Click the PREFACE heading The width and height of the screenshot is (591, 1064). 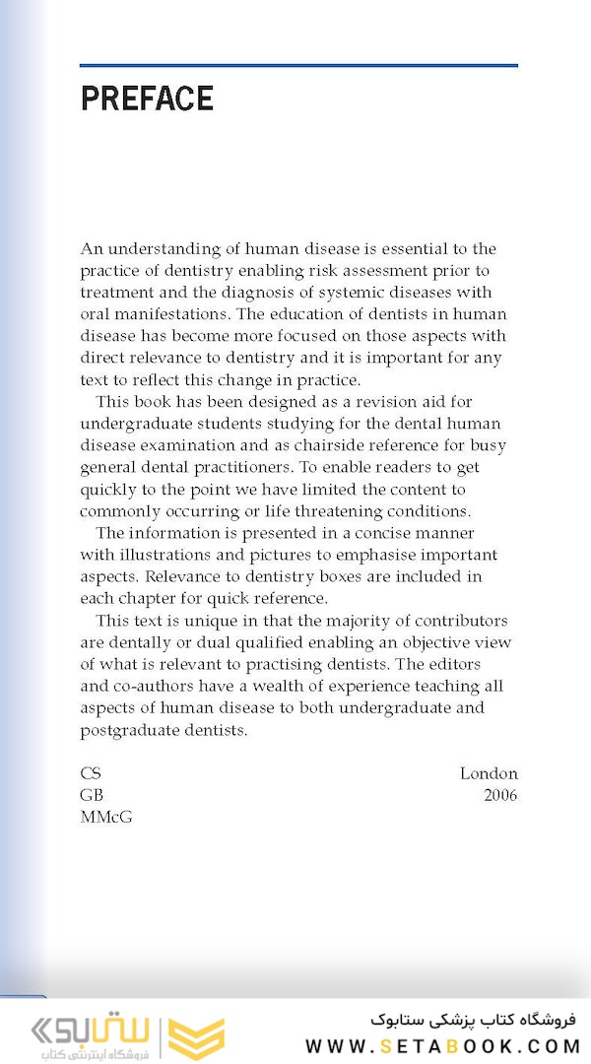pyautogui.click(x=147, y=99)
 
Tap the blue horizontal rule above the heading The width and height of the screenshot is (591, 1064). pyautogui.click(x=298, y=66)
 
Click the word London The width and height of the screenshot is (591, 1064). pyautogui.click(x=489, y=773)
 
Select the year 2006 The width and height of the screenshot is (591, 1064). pyautogui.click(x=500, y=795)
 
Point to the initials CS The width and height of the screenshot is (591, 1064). pyautogui.click(x=91, y=773)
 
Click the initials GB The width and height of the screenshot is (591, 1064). pyautogui.click(x=92, y=795)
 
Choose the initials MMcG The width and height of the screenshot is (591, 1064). pyautogui.click(x=105, y=817)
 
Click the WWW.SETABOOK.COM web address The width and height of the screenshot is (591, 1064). pyautogui.click(x=443, y=1046)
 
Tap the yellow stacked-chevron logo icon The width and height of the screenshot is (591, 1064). pyautogui.click(x=196, y=1036)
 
